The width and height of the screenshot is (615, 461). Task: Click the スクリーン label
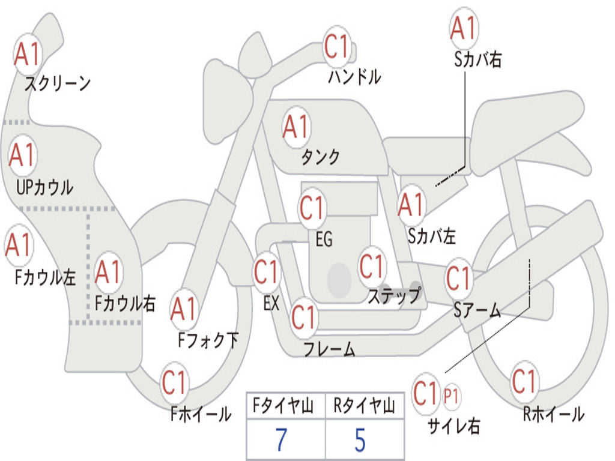tap(57, 83)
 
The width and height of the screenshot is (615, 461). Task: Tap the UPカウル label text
tap(44, 187)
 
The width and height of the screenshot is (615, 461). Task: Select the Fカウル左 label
tap(45, 277)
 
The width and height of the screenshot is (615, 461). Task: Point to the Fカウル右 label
tap(125, 303)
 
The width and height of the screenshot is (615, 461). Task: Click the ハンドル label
tap(354, 76)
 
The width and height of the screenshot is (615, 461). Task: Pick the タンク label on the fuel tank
tap(320, 157)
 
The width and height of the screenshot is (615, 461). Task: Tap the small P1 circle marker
tap(451, 396)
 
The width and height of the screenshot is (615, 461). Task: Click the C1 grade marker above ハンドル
tap(337, 47)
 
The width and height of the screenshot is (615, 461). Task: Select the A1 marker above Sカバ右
tap(464, 28)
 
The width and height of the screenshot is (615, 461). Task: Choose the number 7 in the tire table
tap(281, 439)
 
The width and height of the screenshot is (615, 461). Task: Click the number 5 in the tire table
tap(360, 439)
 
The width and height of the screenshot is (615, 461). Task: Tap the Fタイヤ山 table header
tap(283, 405)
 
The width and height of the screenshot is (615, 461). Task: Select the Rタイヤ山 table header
tap(364, 405)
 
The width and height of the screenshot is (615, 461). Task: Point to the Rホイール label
tap(554, 414)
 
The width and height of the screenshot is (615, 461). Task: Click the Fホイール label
tap(201, 414)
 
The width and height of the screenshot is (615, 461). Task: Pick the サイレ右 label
tap(453, 426)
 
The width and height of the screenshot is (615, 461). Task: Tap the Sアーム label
tap(477, 310)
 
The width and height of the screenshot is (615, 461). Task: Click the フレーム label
tap(330, 349)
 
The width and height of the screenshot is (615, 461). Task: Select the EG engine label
tap(324, 239)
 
